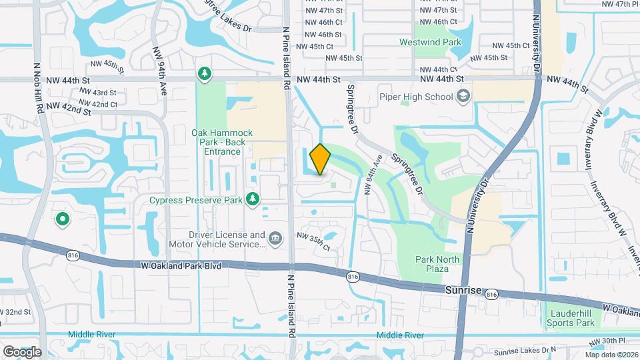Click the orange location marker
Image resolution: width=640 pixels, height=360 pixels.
click(320, 159)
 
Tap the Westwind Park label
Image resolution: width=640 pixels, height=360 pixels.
click(430, 42)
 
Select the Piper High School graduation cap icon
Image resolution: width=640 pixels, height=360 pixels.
click(463, 97)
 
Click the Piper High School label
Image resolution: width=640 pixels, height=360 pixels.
click(425, 97)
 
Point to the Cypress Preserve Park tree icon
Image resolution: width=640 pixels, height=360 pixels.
click(253, 199)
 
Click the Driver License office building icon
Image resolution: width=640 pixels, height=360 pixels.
click(274, 239)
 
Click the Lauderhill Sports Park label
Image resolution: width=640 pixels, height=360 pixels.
click(571, 318)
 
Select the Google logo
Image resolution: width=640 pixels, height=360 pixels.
click(22, 351)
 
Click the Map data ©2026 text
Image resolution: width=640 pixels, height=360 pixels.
click(611, 355)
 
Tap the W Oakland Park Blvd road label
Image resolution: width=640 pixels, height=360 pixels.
click(180, 265)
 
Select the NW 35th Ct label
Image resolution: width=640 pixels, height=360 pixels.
click(313, 242)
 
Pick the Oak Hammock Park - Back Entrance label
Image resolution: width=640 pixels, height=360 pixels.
click(219, 142)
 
